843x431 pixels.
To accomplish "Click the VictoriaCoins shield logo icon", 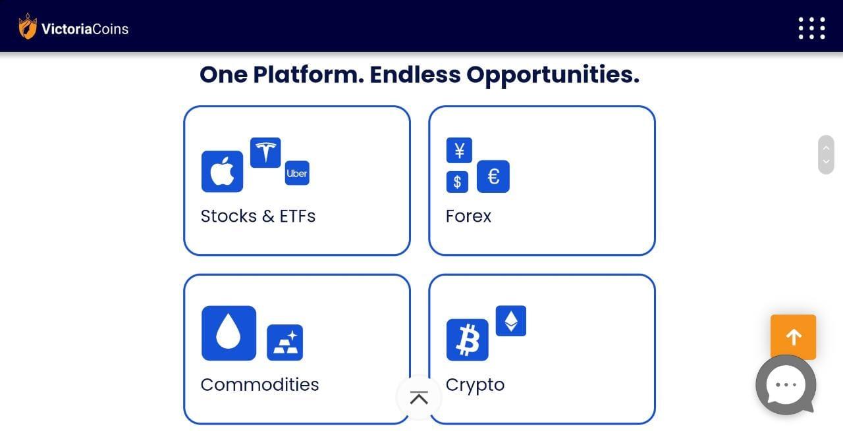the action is [28, 26].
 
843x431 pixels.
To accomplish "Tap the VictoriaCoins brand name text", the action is [85, 29].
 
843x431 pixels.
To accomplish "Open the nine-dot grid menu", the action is [812, 28].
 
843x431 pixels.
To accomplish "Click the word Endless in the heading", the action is [415, 74].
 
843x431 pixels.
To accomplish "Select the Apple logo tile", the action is [222, 172].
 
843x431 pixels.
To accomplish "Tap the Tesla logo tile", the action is [265, 152].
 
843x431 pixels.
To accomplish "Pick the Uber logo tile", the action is [297, 173].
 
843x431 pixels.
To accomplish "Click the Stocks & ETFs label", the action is [258, 216].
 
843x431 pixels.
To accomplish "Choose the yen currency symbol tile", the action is [459, 151].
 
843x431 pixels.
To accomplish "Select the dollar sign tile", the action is [457, 182].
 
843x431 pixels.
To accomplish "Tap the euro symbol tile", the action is [493, 176].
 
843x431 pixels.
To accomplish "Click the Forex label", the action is [468, 216].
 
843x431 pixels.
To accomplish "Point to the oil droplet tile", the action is [229, 333].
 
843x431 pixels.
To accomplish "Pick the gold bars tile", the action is [285, 343].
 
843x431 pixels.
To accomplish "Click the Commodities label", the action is [259, 384].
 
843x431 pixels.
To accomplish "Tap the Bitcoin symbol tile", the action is [468, 340].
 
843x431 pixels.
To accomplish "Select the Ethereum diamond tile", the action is [511, 321].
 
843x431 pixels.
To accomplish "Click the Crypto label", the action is [475, 385].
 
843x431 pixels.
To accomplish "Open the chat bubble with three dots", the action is [786, 385].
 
